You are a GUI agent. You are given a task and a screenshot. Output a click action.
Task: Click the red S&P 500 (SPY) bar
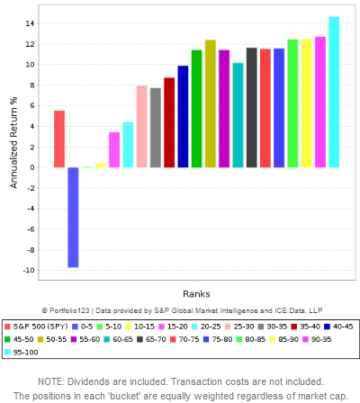(x=59, y=139)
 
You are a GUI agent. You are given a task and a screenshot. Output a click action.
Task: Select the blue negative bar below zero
(x=73, y=217)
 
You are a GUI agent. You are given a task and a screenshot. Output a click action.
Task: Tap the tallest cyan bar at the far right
(x=334, y=92)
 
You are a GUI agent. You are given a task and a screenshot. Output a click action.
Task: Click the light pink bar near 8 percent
(x=141, y=126)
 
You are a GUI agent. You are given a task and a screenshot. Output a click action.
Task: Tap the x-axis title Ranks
(x=195, y=294)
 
